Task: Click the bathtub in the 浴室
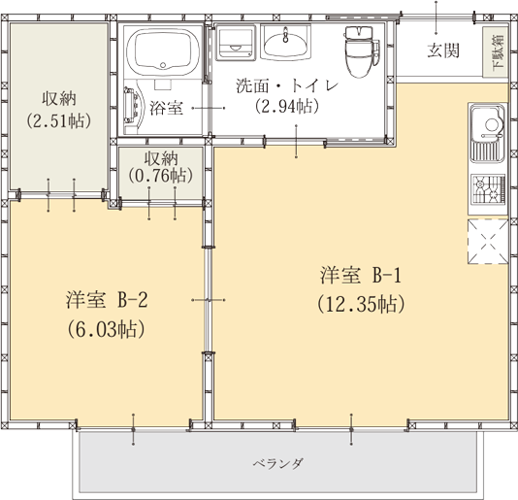[x=163, y=52]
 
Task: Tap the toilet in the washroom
[x=361, y=51]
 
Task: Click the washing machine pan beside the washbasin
[x=236, y=44]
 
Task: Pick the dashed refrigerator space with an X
[x=488, y=242]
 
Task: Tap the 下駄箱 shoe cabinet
[x=495, y=51]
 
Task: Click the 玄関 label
[x=443, y=50]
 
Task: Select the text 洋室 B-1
[x=361, y=275]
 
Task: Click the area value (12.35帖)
[x=361, y=304]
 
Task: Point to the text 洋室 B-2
[x=107, y=300]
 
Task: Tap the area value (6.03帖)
[x=107, y=329]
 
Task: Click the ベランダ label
[x=278, y=464]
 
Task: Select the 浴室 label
[x=166, y=108]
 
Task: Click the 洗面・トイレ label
[x=287, y=86]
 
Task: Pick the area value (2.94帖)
[x=287, y=106]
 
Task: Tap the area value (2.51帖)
[x=59, y=121]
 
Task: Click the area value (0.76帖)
[x=161, y=176]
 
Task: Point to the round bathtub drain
[x=163, y=65]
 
